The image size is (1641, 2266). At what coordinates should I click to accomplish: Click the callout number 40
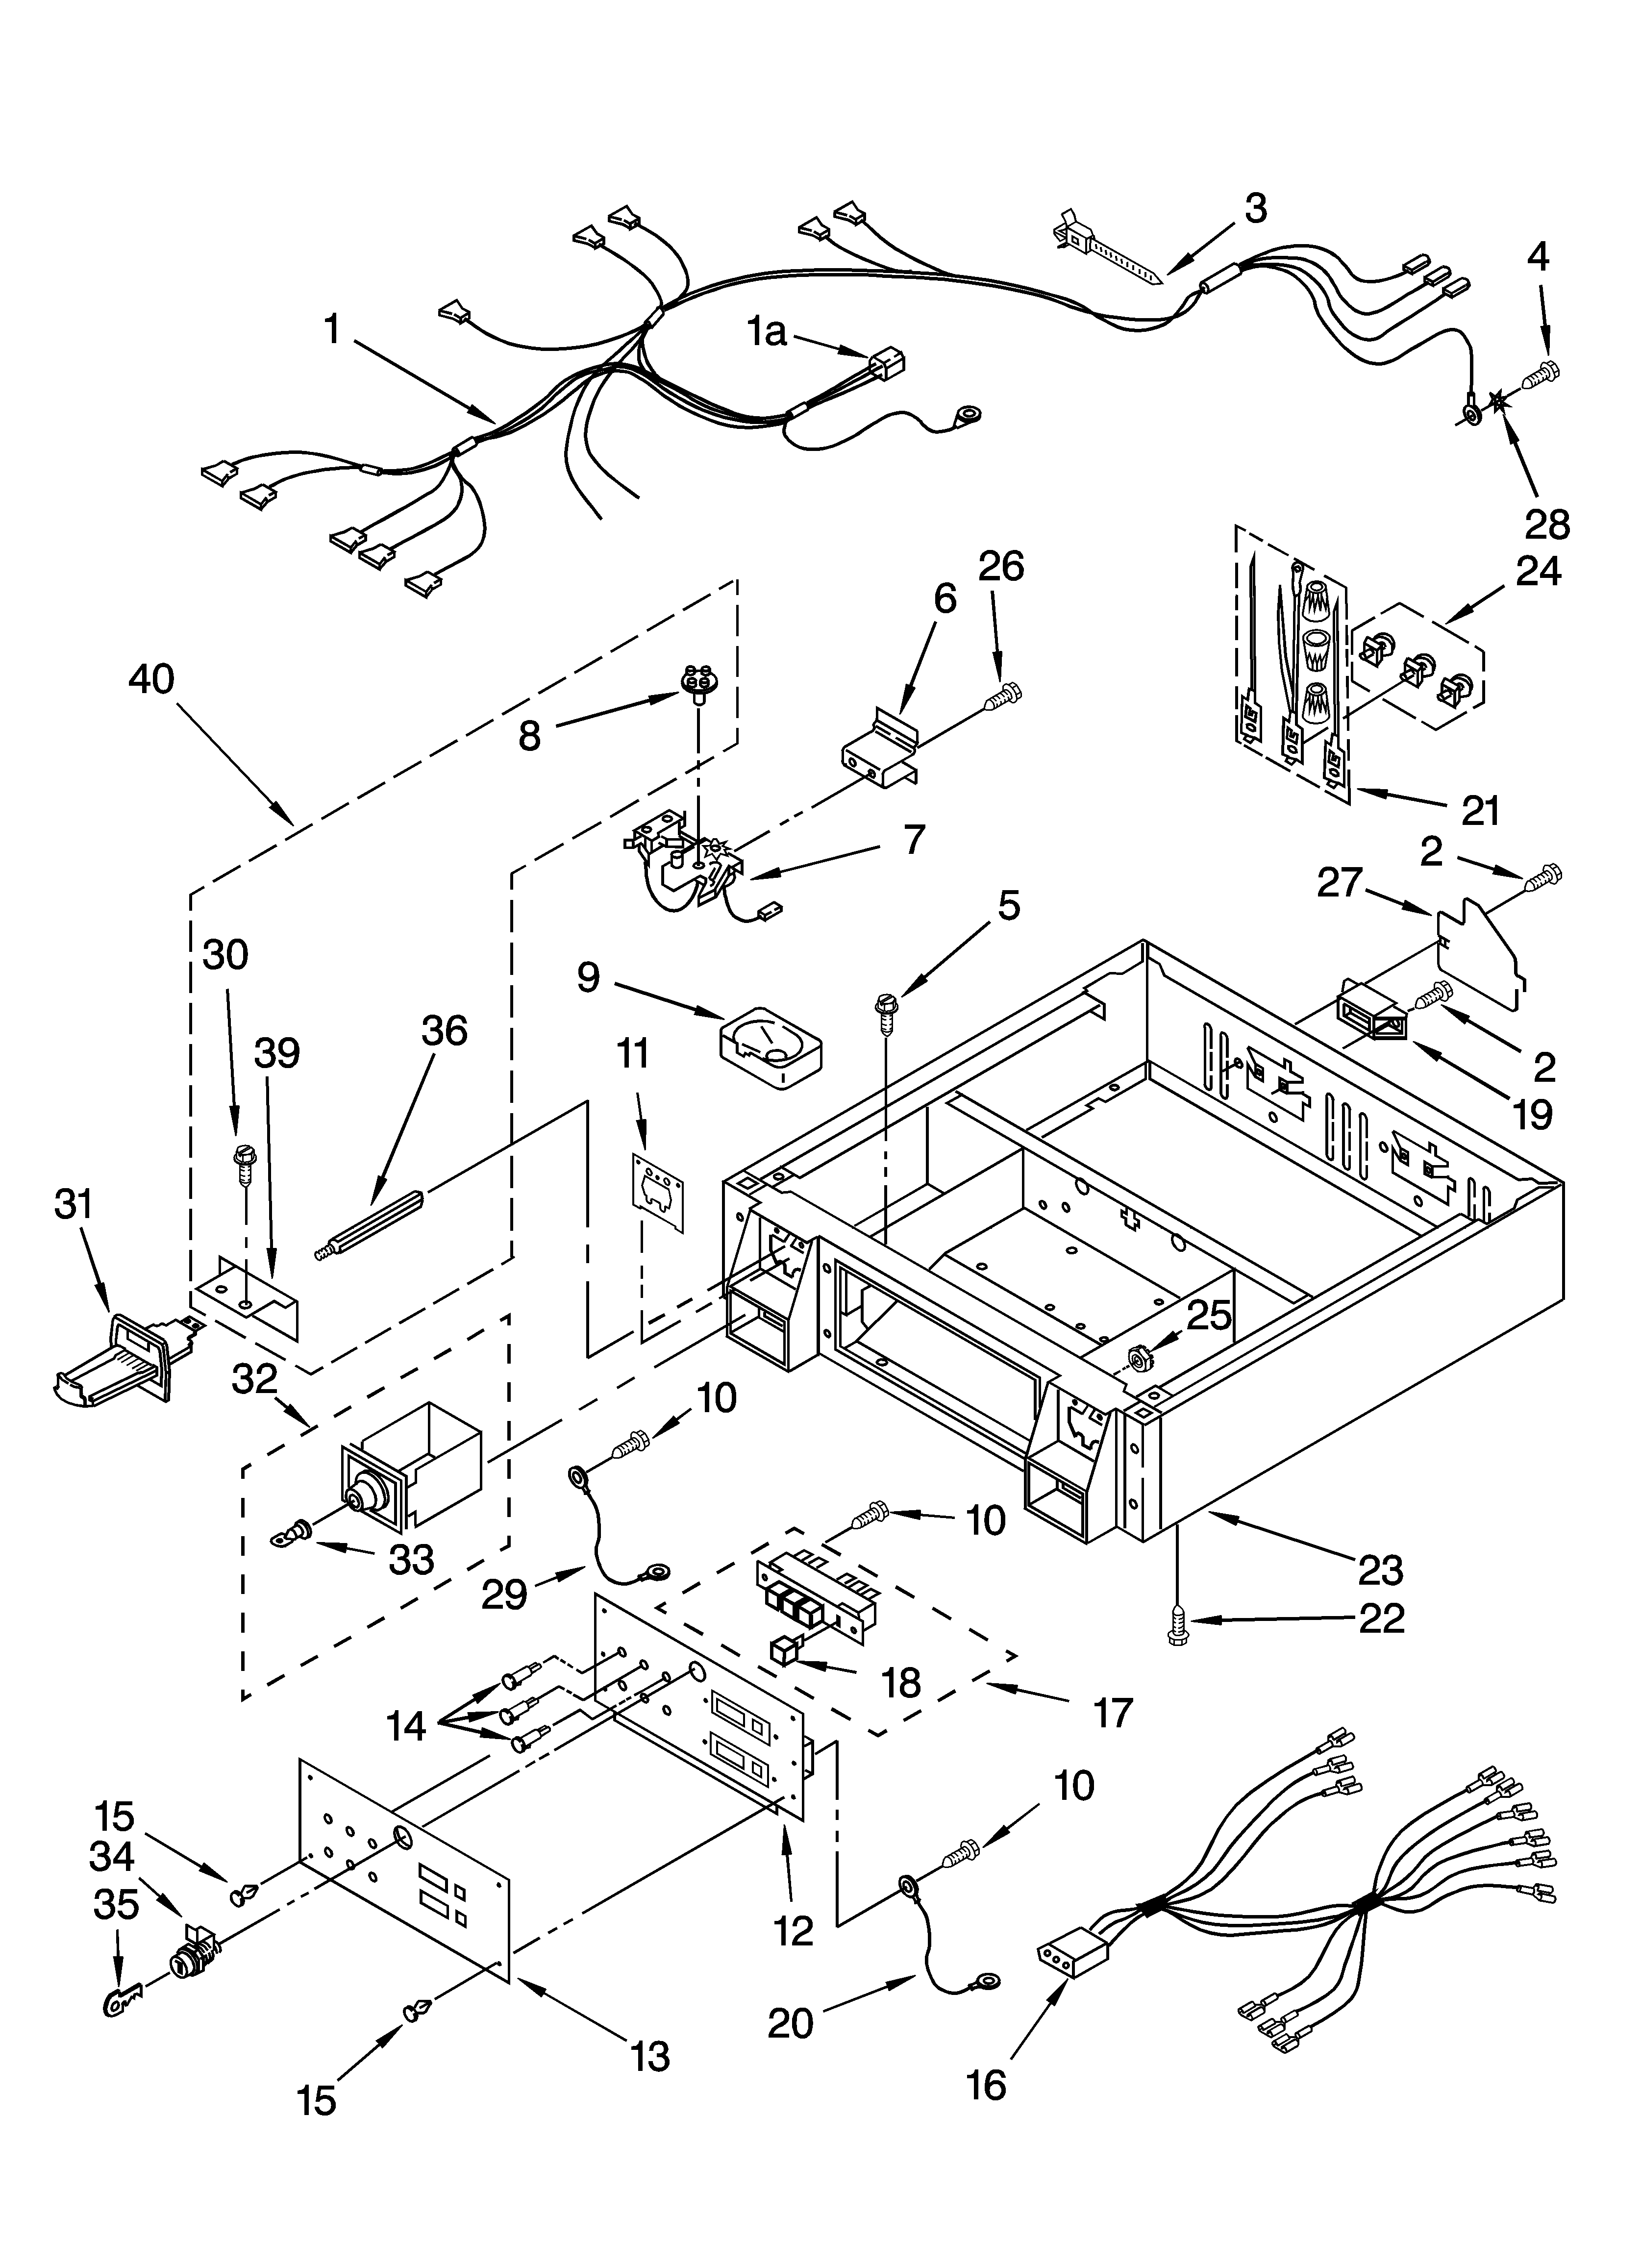151,680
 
